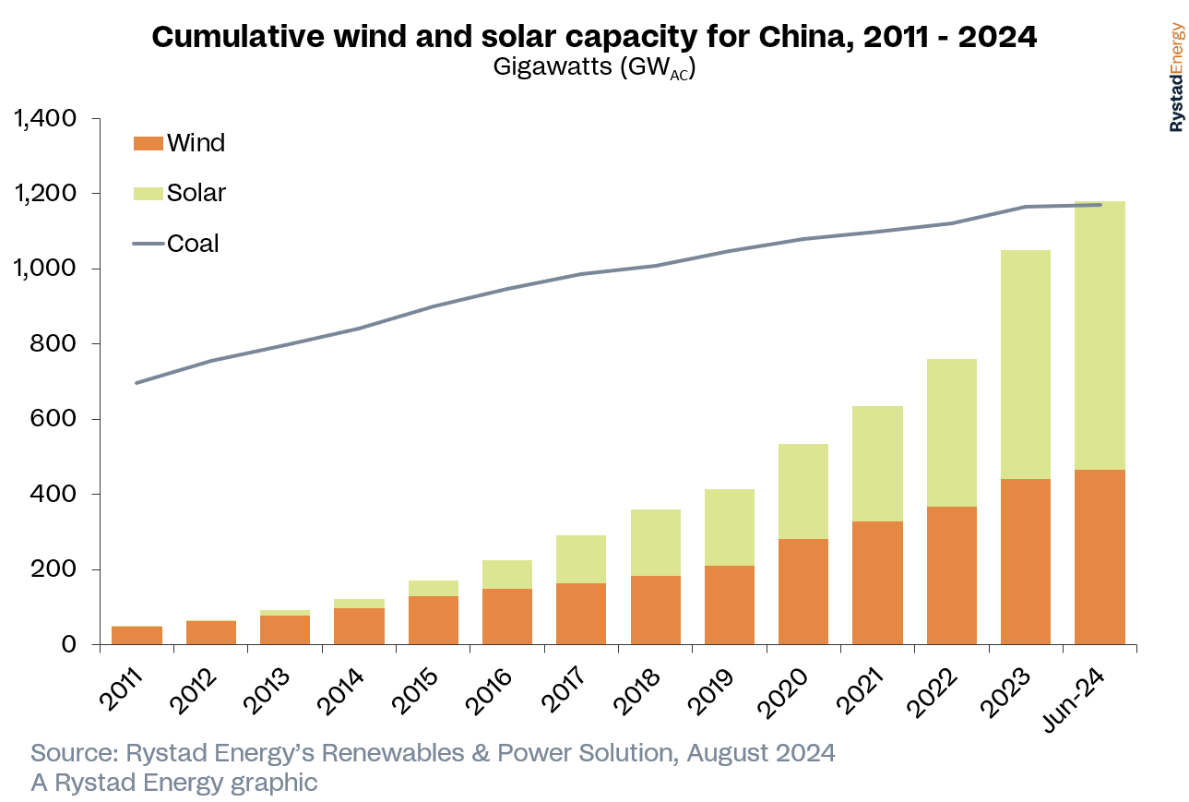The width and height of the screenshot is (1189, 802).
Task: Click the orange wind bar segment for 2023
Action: click(1025, 561)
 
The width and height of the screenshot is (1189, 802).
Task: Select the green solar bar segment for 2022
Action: click(951, 433)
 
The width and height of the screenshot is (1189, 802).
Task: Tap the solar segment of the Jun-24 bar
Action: click(1100, 335)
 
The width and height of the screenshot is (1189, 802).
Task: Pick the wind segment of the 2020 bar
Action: click(803, 591)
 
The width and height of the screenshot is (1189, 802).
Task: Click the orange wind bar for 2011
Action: click(137, 635)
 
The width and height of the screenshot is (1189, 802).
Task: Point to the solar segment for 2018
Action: click(655, 543)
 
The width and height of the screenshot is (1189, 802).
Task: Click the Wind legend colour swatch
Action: click(148, 143)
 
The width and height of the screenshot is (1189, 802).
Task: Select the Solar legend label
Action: click(196, 193)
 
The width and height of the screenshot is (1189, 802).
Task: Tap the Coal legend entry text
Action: click(193, 244)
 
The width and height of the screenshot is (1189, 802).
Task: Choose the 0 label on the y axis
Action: click(68, 644)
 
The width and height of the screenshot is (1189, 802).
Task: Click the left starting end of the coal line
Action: click(137, 383)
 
